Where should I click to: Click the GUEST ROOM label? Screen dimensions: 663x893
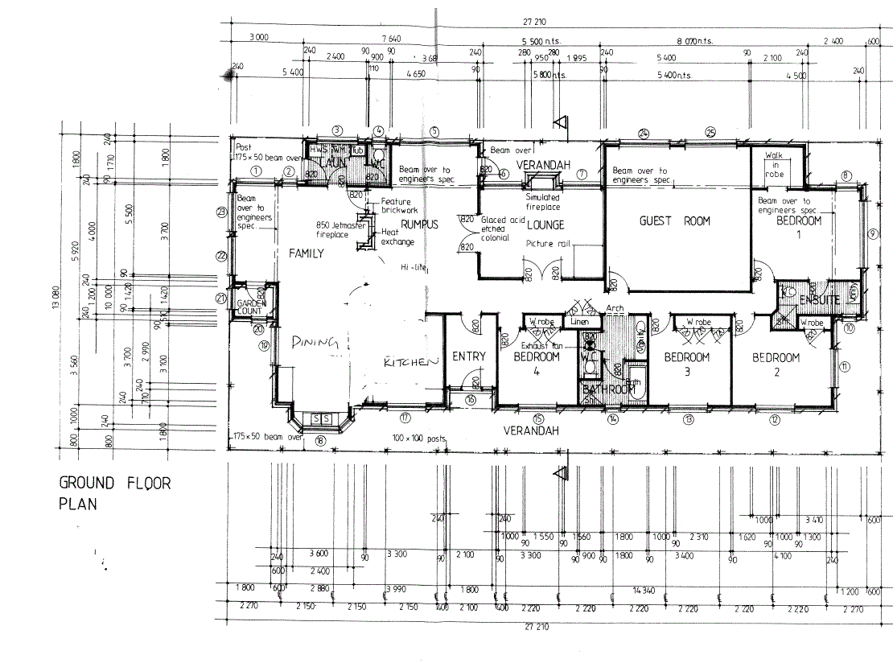tap(675, 221)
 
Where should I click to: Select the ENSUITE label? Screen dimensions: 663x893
tap(819, 300)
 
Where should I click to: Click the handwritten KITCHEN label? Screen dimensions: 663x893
tap(410, 363)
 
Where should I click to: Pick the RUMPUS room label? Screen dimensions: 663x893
tap(420, 224)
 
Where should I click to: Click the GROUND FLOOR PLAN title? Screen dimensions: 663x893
tap(114, 493)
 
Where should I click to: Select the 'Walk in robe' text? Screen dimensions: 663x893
tap(773, 163)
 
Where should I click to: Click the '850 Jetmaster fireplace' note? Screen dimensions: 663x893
tap(341, 231)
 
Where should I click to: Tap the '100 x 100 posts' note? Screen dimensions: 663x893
tap(418, 438)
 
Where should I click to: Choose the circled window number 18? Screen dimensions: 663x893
tap(319, 440)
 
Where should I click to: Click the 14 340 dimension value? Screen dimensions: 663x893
tap(644, 590)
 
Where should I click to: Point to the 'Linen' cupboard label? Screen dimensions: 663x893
tap(579, 322)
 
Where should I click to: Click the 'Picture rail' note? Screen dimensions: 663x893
tap(547, 244)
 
